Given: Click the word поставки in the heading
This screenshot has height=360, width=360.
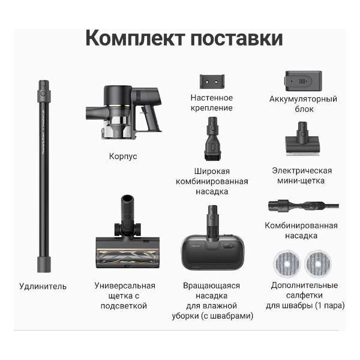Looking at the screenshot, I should [x=238, y=37].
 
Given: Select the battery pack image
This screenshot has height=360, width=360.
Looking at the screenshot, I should [x=302, y=80].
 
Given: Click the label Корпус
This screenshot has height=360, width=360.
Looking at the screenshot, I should [x=123, y=156].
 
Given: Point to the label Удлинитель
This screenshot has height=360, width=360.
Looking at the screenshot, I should [x=43, y=286].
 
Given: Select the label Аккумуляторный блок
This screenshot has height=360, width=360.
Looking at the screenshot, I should [x=302, y=103].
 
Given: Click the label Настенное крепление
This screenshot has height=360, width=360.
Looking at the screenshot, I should [x=211, y=103].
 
